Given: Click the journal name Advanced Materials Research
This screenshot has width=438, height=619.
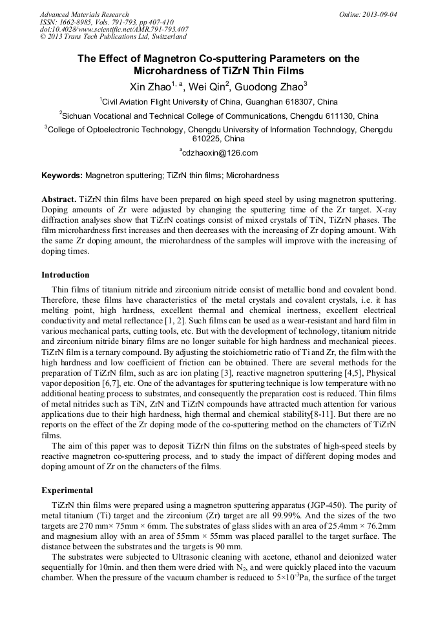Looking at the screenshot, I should (x=84, y=14).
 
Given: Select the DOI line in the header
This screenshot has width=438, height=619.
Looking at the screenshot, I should (x=114, y=29).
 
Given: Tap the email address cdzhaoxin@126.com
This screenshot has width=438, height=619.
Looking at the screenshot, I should (x=220, y=153).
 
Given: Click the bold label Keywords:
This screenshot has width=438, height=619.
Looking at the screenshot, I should (x=62, y=175).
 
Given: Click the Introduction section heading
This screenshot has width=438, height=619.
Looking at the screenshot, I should (x=65, y=275).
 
